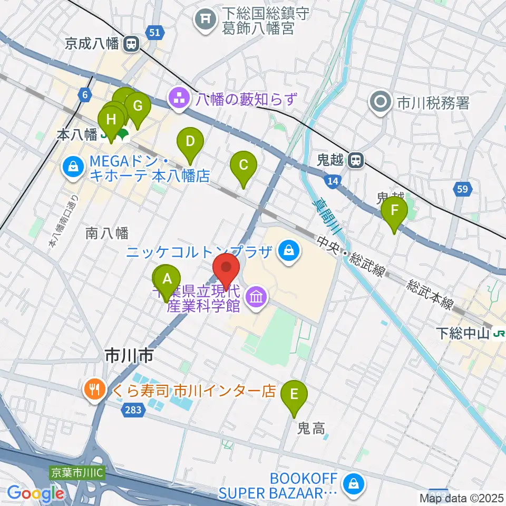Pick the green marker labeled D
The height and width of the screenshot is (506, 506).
pyautogui.click(x=190, y=142)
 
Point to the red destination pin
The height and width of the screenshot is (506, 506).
pyautogui.click(x=227, y=268)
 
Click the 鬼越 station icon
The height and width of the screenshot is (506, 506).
pyautogui.click(x=357, y=160)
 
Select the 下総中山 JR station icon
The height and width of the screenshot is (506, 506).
pyautogui.click(x=499, y=333)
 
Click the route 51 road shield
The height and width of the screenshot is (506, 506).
pyautogui.click(x=154, y=33)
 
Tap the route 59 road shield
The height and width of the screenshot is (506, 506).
pyautogui.click(x=462, y=189)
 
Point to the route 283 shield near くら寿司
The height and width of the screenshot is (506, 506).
pyautogui.click(x=133, y=410)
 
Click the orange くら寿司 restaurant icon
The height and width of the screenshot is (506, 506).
pyautogui.click(x=95, y=391)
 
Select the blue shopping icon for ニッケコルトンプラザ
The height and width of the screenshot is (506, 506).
pyautogui.click(x=289, y=250)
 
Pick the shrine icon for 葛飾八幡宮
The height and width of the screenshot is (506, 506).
pyautogui.click(x=205, y=21)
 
